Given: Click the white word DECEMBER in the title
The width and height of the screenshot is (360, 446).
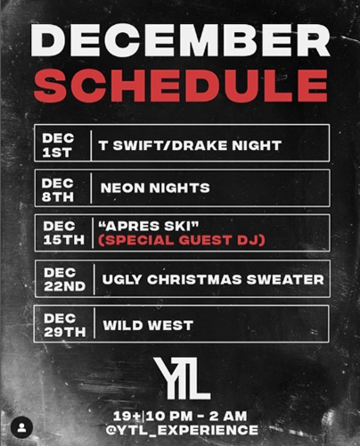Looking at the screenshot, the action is [180, 41].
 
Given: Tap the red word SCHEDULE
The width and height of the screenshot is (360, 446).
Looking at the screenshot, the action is [181, 86].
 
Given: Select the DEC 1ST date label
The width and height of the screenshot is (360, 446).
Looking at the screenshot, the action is [58, 145].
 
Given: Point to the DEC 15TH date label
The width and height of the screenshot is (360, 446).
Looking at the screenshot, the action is [64, 233].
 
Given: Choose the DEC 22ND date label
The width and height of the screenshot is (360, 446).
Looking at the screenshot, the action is [65, 279].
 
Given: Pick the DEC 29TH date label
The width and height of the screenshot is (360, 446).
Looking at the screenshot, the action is [65, 325].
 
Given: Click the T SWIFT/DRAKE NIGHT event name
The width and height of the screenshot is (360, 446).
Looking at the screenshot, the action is [190, 145].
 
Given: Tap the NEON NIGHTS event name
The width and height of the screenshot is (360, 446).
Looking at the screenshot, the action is [155, 188].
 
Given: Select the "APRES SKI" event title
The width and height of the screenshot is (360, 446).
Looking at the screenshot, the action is [148, 227].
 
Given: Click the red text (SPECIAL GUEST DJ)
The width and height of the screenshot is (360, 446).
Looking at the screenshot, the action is [182, 240].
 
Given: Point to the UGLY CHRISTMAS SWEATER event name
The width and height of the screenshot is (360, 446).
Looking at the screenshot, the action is [213, 279].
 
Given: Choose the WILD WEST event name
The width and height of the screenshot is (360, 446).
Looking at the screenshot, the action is [148, 326].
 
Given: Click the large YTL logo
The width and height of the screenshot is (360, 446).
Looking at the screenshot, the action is [182, 378].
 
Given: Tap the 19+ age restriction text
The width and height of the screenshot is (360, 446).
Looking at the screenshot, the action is [127, 417].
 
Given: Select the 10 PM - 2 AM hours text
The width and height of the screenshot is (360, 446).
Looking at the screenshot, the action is [196, 417].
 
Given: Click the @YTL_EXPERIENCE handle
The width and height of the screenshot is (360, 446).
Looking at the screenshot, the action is [182, 430].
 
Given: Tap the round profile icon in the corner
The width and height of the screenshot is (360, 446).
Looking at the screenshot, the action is [21, 427].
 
